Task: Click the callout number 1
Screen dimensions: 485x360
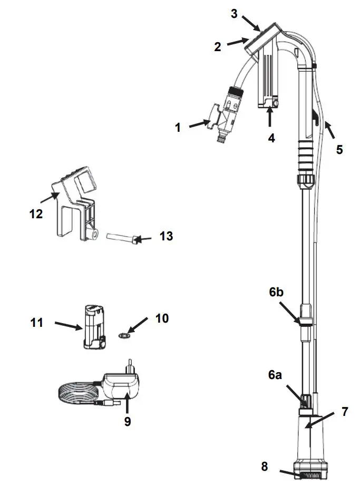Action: pos(178,127)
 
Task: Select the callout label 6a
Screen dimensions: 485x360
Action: pos(275,375)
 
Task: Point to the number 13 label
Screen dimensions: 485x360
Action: pos(166,237)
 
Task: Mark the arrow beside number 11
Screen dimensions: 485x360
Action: pos(68,325)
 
